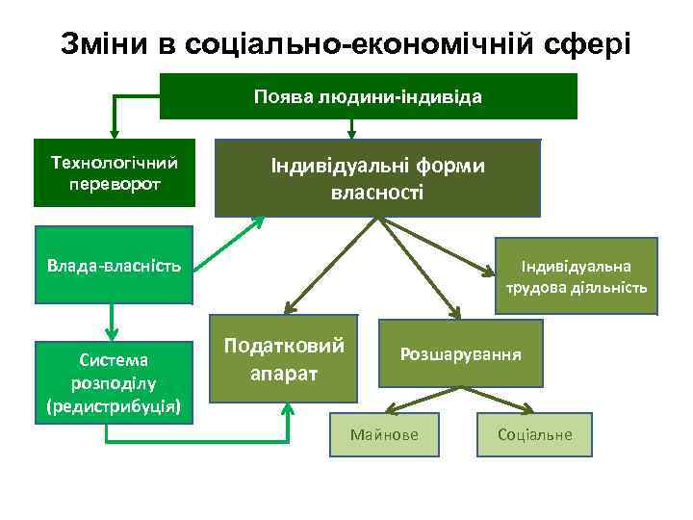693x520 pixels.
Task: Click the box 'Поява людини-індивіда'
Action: click(x=368, y=96)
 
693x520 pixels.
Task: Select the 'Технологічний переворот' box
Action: click(x=115, y=173)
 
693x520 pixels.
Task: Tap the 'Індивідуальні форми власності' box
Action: click(x=377, y=178)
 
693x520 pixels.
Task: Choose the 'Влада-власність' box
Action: click(x=115, y=264)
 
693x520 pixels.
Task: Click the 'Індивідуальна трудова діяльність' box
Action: click(x=576, y=275)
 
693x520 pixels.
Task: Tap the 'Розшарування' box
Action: click(x=460, y=353)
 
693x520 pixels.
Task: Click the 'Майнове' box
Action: click(x=384, y=434)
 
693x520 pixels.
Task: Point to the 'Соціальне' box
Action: click(x=534, y=434)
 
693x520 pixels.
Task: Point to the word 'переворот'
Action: click(x=115, y=183)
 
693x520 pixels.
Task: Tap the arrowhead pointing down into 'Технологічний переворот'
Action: click(x=115, y=133)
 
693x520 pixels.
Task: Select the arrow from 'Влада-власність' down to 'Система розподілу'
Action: click(x=114, y=321)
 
